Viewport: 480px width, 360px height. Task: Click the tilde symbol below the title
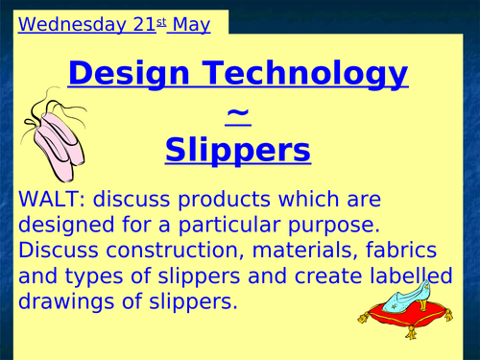pos(238,114)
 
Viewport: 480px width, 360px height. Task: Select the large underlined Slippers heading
pos(238,150)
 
